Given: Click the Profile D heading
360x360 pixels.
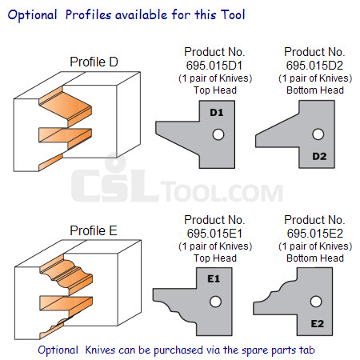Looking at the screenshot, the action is pos(94,62).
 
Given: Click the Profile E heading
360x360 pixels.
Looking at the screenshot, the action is pos(94,230).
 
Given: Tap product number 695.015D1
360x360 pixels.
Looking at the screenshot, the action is pos(214,66).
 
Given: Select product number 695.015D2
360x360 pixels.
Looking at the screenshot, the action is pos(314,66).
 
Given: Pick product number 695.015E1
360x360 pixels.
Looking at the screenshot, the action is pos(214,234).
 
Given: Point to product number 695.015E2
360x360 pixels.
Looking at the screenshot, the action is pos(315,234).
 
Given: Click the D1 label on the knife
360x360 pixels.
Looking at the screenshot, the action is pos(217,113).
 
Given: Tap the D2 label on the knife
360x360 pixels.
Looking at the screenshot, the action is pos(319,156).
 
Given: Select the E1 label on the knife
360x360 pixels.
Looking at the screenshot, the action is pos(214,278).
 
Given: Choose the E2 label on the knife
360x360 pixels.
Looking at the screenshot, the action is pos(318,324).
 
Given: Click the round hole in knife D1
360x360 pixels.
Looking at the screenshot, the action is pos(218,134).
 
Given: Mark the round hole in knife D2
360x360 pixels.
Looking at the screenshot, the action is pos(318,134).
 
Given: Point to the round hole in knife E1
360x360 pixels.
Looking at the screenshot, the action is pos(215,302).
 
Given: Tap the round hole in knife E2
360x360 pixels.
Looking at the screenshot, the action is pos(316,302).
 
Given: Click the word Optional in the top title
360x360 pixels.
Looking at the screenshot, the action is pos(32,15).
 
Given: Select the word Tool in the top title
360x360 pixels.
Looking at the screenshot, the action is pos(233,14).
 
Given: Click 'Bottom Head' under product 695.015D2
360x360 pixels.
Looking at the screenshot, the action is pos(315,90).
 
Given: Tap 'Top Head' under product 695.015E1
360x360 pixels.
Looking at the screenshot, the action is pos(215,258).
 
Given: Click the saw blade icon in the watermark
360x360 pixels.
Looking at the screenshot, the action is pos(115,162).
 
